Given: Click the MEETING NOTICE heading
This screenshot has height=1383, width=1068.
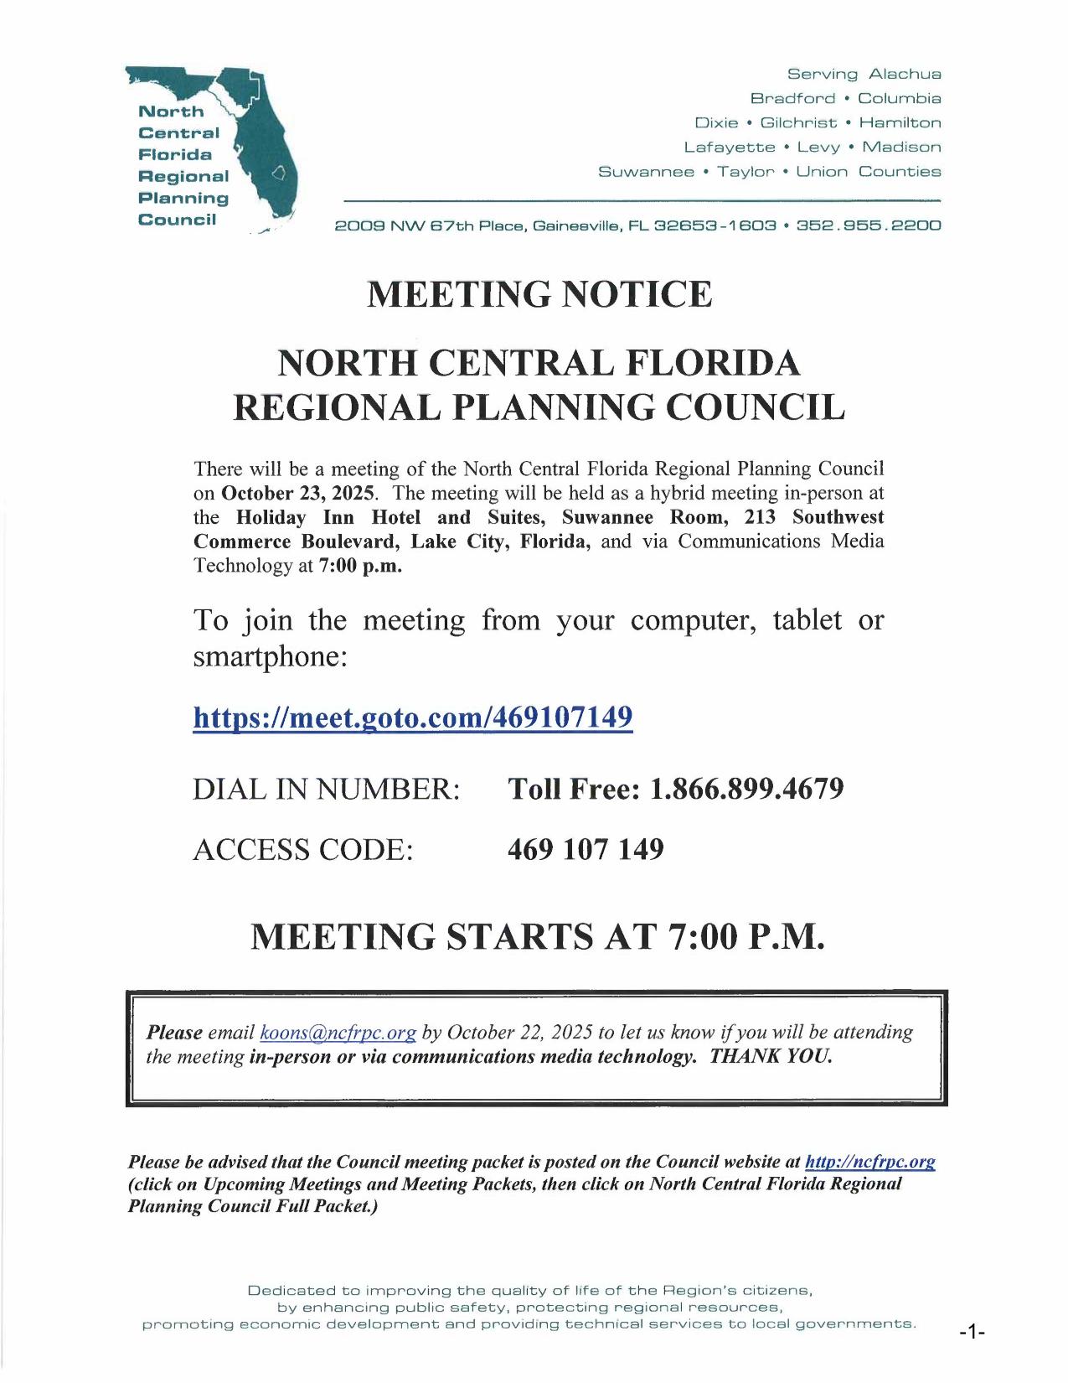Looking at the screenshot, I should point(539,294).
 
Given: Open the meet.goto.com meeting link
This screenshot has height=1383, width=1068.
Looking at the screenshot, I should point(413,718).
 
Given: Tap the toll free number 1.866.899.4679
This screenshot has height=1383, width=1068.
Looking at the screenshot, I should point(746,789).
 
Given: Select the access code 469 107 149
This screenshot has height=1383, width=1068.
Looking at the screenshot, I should point(586,849).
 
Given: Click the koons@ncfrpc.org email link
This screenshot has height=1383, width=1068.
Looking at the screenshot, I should point(338,1033).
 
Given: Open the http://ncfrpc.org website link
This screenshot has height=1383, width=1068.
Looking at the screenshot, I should point(869,1162).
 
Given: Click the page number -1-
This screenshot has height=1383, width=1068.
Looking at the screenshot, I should point(972,1332).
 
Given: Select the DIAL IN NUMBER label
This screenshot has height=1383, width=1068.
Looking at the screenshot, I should point(327,789).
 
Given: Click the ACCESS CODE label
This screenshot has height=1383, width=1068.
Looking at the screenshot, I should point(303,849).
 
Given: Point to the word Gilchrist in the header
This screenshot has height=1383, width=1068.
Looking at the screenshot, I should point(798,123).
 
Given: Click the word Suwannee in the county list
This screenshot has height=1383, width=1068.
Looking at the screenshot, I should point(646,172).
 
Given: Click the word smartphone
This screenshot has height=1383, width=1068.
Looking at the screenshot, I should point(269,656).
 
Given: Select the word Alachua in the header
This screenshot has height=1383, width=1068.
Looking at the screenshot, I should point(905,75).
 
